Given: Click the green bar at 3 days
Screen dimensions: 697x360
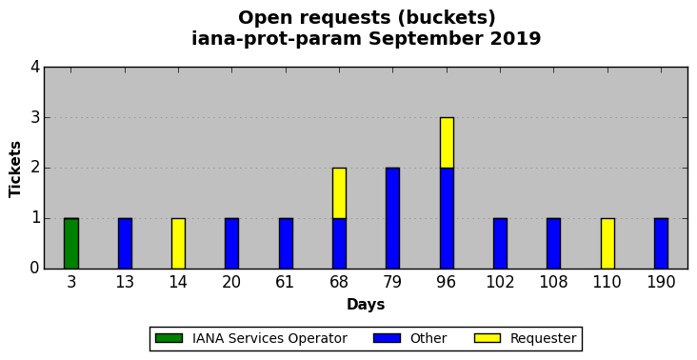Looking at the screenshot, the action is (x=71, y=244).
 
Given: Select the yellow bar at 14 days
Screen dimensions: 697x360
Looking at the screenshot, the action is (x=178, y=244).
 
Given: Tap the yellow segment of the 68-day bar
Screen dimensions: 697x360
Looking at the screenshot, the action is (x=339, y=193).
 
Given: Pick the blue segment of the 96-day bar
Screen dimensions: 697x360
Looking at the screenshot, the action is (x=447, y=218).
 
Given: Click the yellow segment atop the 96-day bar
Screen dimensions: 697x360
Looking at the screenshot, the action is (x=447, y=143).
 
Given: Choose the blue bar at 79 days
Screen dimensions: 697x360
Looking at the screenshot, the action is (x=393, y=218).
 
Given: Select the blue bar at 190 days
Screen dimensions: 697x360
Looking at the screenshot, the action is (x=661, y=244).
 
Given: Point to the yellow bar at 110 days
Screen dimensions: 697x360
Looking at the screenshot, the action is (x=607, y=244).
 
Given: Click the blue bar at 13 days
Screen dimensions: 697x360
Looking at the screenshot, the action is (x=125, y=244).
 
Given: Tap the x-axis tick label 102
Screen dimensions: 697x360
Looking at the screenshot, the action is (x=500, y=282).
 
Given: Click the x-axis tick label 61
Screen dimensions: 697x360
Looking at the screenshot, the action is (x=286, y=282).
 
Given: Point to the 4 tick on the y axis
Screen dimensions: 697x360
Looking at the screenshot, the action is (x=35, y=68).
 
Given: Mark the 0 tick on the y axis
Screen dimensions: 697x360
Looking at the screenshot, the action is (x=35, y=269).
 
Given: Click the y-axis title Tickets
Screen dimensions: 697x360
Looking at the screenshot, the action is (x=15, y=169).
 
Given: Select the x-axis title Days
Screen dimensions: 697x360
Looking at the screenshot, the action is (x=366, y=305).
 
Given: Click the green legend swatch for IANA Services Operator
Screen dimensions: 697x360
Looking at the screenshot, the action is (x=169, y=338).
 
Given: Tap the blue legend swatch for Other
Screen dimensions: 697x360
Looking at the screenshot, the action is (x=387, y=338).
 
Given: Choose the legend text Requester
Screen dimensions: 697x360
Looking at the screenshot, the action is (x=543, y=339).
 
